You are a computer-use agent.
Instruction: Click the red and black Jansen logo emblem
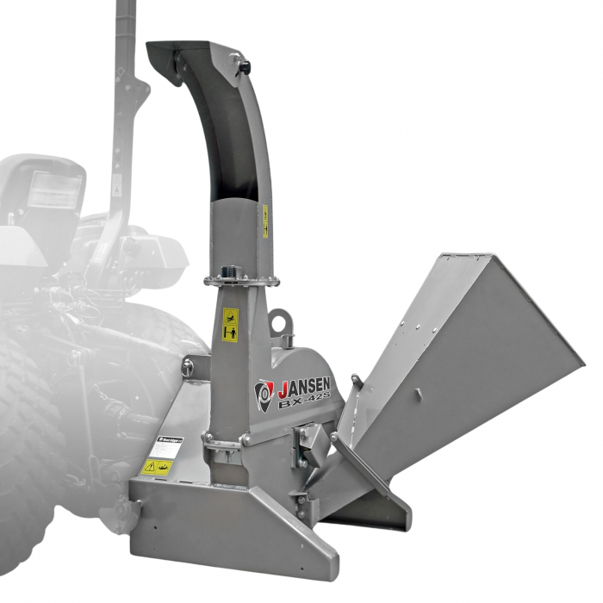point(264,395)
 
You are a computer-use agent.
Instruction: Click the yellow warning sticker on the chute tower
point(230,325)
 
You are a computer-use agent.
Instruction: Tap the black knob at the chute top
point(244,64)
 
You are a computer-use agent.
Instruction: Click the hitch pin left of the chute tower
point(186,368)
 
